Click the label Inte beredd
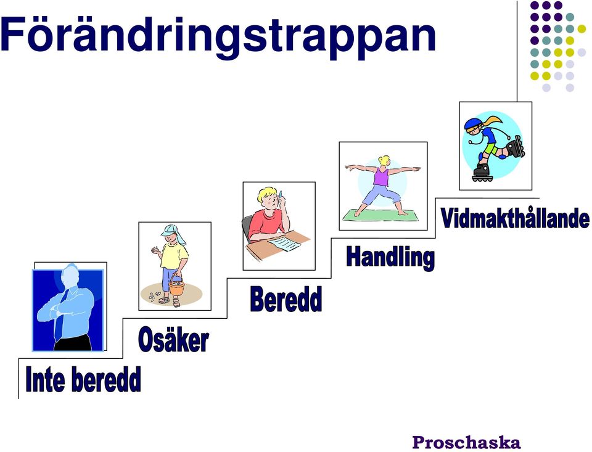(83, 379)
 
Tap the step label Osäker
(173, 339)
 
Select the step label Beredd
(286, 298)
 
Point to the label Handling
(390, 258)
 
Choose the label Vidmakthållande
(515, 218)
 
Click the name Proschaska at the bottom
(466, 442)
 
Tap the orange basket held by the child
(176, 286)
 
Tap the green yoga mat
(380, 215)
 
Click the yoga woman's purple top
(381, 177)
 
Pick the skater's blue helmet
(472, 124)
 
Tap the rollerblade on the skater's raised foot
(515, 147)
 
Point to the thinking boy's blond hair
(266, 194)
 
